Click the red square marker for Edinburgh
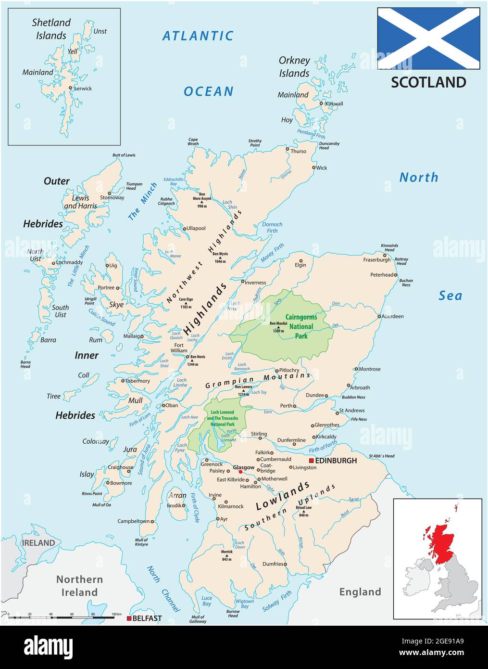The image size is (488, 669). [311, 461]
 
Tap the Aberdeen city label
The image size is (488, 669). [393, 316]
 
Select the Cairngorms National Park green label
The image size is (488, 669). [301, 326]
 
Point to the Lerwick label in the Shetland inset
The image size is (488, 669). [83, 89]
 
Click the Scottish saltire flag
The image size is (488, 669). [428, 39]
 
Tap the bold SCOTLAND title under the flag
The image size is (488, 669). [428, 82]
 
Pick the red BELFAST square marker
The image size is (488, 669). [129, 618]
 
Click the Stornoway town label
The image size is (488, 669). [112, 197]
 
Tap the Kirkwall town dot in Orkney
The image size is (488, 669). [322, 103]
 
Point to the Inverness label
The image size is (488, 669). [255, 283]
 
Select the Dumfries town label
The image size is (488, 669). [273, 564]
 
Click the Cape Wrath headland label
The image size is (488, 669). [193, 142]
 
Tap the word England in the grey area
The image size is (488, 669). [360, 592]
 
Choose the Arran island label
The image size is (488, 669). [177, 495]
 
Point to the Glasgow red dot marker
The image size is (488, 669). [240, 472]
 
